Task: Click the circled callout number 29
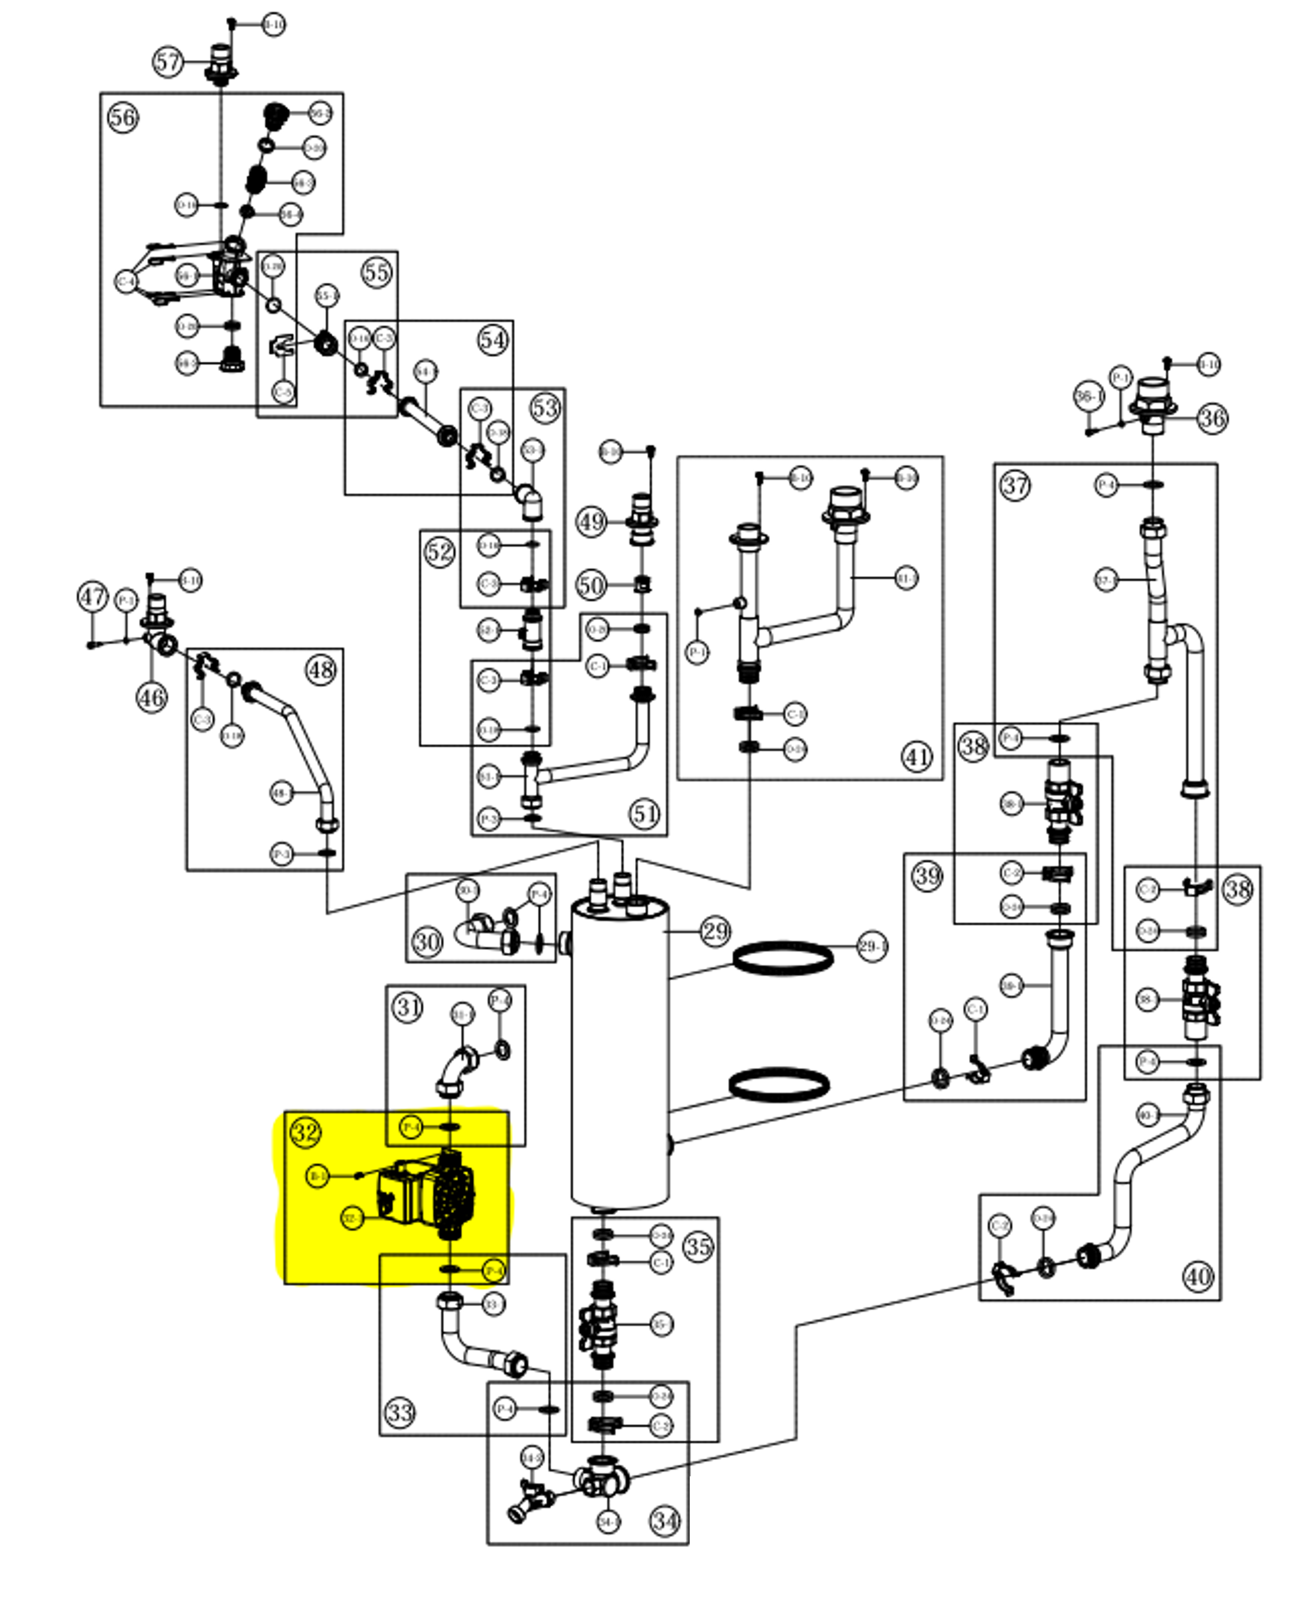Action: coord(715,931)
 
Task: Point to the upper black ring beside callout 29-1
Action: coord(783,958)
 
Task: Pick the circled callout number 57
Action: coord(168,61)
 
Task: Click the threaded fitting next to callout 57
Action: coord(220,64)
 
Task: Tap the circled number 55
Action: coord(376,273)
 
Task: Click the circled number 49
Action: coord(591,522)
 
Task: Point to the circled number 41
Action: coord(917,757)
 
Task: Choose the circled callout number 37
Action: coord(1015,486)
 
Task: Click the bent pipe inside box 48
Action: coord(300,748)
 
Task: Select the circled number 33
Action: coord(400,1412)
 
